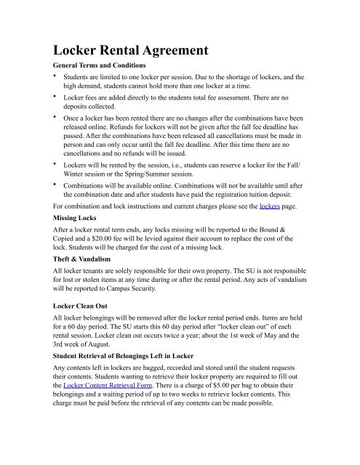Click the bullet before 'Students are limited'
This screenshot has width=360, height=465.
pyautogui.click(x=52, y=76)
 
